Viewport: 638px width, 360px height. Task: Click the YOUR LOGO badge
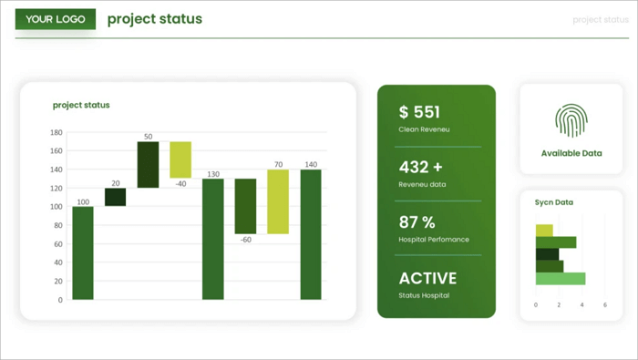point(56,19)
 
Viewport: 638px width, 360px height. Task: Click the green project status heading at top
point(155,19)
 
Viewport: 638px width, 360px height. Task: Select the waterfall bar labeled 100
point(83,252)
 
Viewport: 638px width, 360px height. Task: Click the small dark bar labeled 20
point(116,197)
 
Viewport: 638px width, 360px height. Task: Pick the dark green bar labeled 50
point(149,165)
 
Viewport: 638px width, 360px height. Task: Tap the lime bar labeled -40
point(180,159)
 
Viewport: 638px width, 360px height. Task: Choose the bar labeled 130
point(213,239)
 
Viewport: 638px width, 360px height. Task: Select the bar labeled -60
point(245,206)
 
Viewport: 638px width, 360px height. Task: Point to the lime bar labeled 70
point(278,201)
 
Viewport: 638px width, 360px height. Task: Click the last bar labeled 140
point(311,234)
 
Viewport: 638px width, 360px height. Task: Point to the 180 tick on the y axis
point(57,132)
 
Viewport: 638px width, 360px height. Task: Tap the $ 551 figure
point(419,112)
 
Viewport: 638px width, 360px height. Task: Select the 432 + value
point(420,168)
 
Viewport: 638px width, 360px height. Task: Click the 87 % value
point(417,222)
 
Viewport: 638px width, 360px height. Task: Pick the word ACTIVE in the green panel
point(427,278)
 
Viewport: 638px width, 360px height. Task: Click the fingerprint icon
point(571,120)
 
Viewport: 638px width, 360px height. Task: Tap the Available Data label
point(571,153)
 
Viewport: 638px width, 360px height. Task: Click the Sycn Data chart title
point(554,202)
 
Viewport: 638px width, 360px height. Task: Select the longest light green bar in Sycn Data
point(561,278)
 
